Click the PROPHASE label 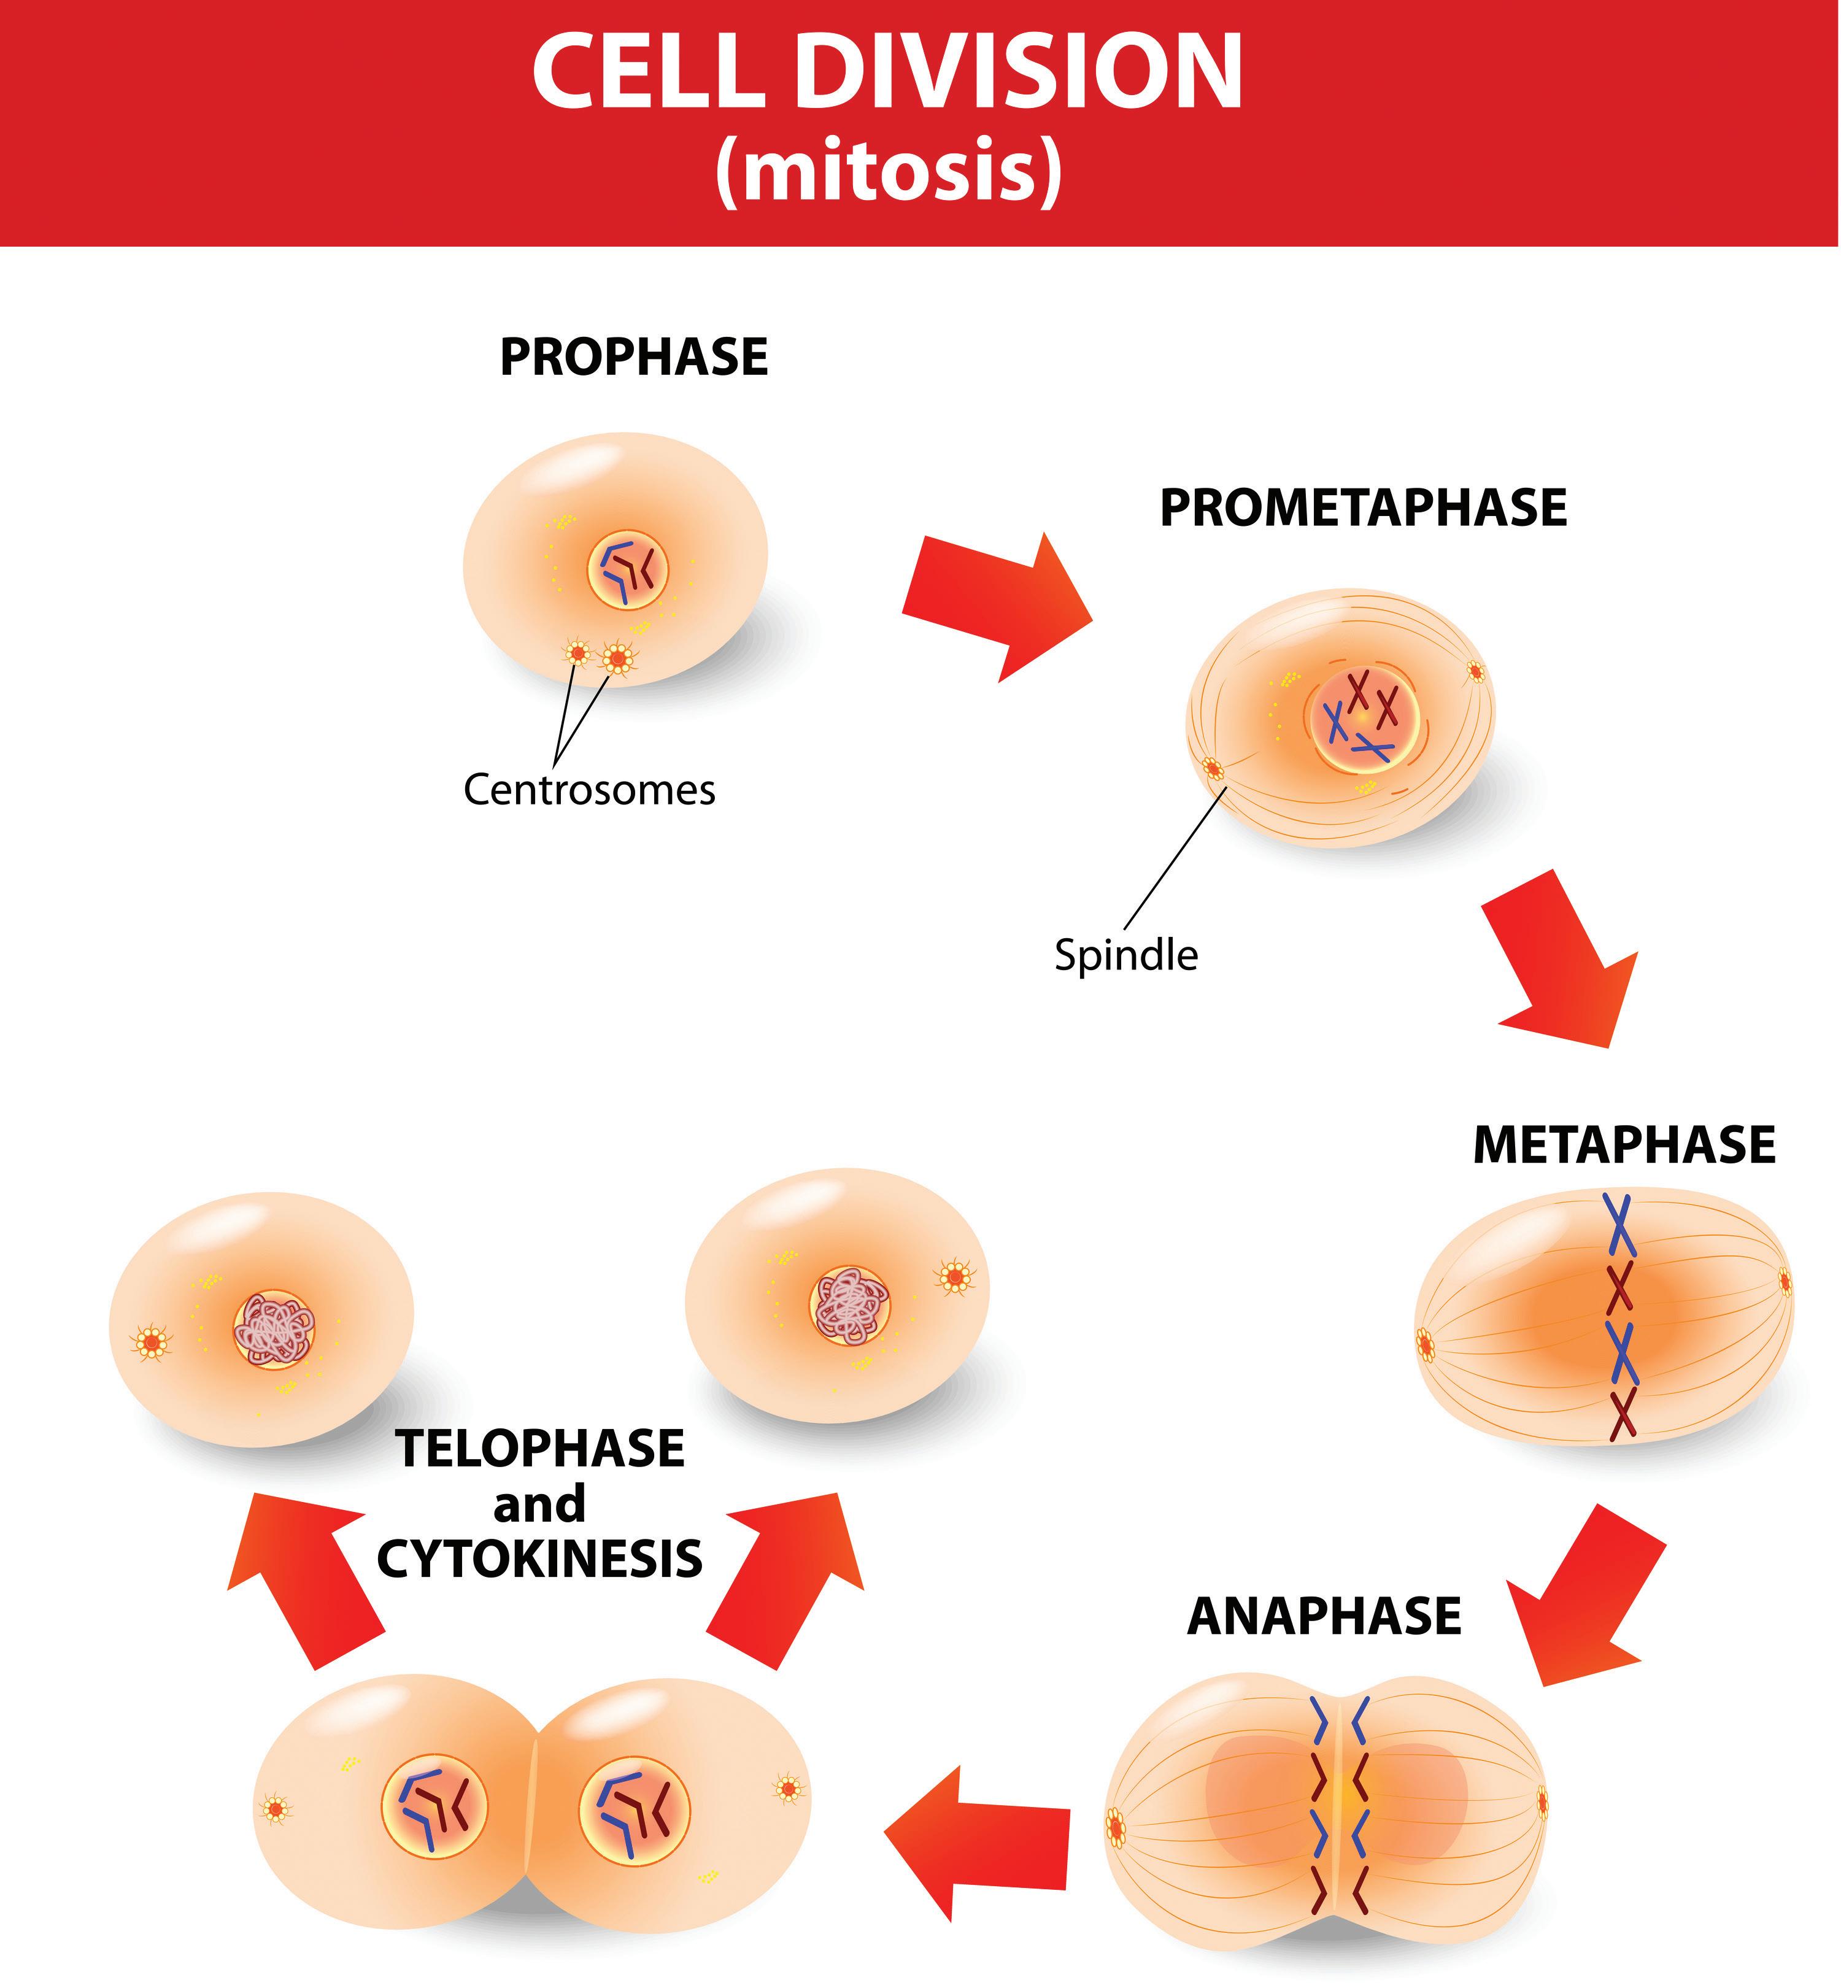633,356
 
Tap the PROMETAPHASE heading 1363,508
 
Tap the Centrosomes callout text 589,790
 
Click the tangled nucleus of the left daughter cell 274,1330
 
